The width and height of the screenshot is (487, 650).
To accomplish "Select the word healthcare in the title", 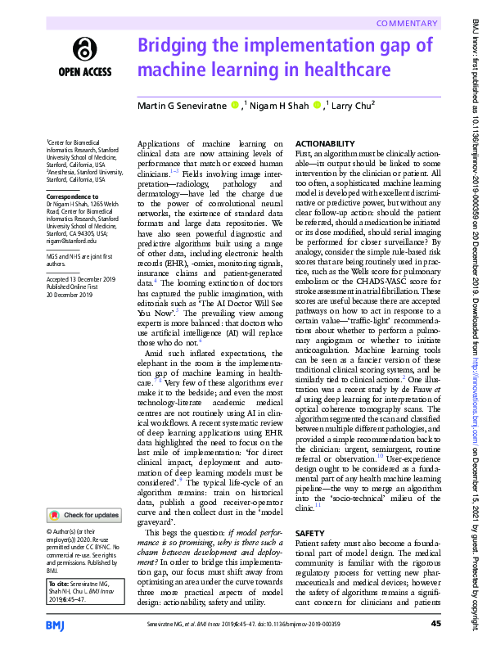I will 328,70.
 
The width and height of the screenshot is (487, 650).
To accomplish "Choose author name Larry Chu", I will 351,106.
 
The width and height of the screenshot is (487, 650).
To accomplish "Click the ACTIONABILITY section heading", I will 325,143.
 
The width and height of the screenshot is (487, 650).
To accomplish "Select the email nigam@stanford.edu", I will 71,241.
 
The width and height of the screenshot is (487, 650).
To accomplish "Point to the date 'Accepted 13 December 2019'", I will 83,278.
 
